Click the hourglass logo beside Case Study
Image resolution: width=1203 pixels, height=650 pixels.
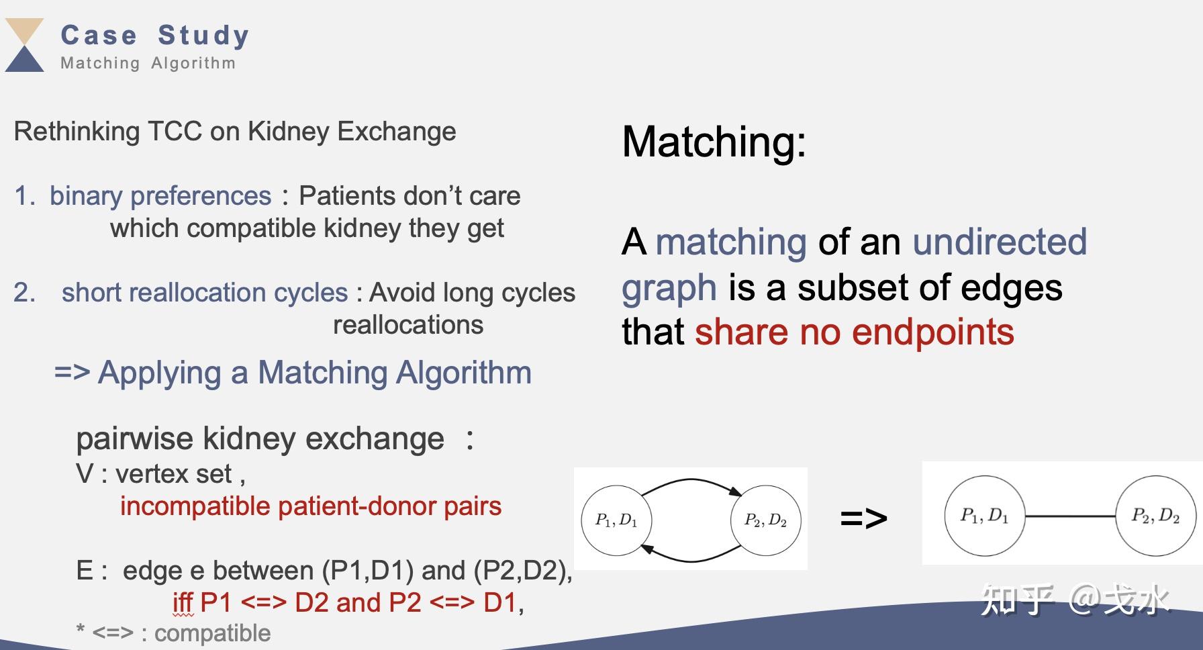pyautogui.click(x=25, y=45)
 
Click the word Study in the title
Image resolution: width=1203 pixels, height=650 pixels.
pyautogui.click(x=203, y=36)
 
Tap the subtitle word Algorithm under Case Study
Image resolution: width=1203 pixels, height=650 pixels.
pyautogui.click(x=193, y=63)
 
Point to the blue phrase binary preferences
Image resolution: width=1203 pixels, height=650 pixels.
pyautogui.click(x=160, y=196)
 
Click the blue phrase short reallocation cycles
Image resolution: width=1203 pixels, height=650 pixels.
pyautogui.click(x=205, y=293)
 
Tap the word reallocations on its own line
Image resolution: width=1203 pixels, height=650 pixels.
pyautogui.click(x=408, y=325)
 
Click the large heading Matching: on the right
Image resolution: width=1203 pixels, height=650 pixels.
pyautogui.click(x=714, y=142)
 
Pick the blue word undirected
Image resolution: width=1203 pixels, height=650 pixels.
pyautogui.click(x=1000, y=242)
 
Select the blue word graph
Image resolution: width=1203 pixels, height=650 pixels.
pyautogui.click(x=669, y=287)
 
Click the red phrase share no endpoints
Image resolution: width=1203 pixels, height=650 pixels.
pyautogui.click(x=854, y=332)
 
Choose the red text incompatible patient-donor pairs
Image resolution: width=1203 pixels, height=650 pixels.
pyautogui.click(x=311, y=506)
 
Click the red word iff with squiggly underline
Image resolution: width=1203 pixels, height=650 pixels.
pyautogui.click(x=183, y=603)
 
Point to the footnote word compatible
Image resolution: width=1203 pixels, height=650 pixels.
pyautogui.click(x=212, y=633)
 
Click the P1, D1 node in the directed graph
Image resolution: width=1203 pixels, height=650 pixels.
pyautogui.click(x=616, y=520)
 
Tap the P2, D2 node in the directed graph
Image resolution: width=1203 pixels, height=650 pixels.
pyautogui.click(x=765, y=520)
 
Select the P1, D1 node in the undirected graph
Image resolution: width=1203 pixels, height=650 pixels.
pyautogui.click(x=984, y=516)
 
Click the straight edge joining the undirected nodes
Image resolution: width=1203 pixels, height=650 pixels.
pyautogui.click(x=1070, y=516)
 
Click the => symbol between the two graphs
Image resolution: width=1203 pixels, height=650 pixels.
pyautogui.click(x=863, y=518)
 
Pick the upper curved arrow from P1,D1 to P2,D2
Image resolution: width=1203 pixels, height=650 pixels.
pyautogui.click(x=691, y=481)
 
